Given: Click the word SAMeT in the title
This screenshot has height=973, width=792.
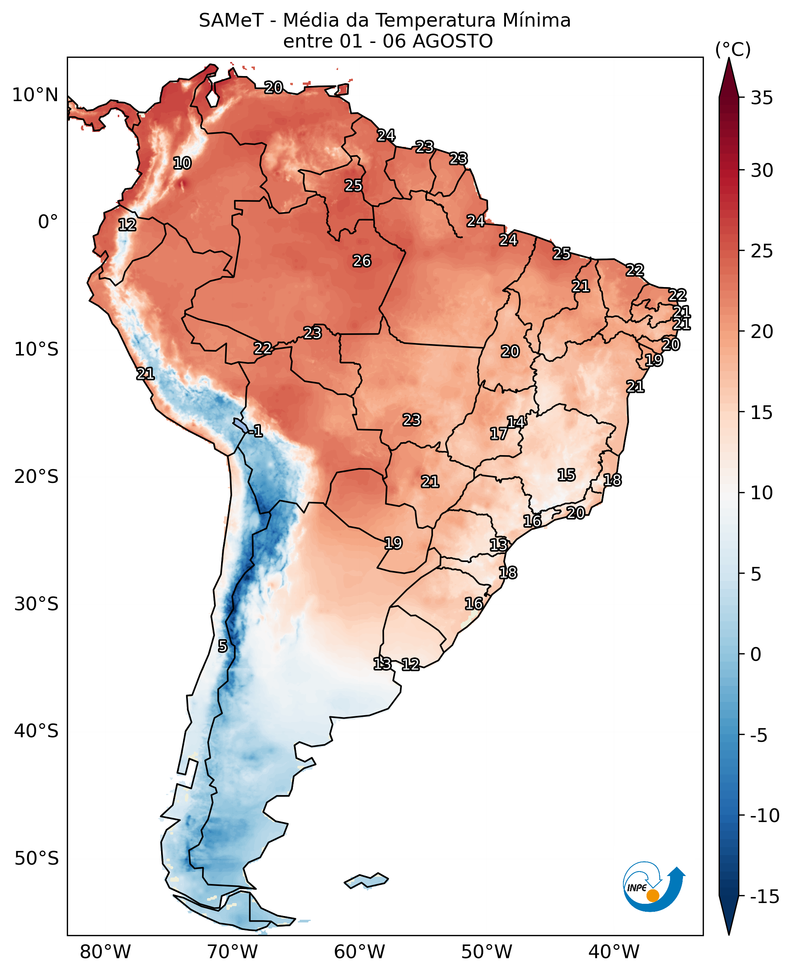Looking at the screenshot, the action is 231,21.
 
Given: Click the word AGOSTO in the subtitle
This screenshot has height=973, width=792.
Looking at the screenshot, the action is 453,41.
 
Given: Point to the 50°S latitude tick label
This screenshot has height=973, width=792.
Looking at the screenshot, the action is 36,859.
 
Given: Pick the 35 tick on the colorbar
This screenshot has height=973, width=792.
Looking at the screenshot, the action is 762,98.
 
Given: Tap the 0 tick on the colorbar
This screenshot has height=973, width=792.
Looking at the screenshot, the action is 756,654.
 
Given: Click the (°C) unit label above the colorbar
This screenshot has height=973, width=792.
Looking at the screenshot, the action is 733,49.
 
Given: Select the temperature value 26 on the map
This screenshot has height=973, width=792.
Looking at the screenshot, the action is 362,261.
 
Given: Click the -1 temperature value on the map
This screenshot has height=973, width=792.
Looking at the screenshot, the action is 256,430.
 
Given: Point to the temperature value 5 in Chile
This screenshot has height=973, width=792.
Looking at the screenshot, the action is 223,646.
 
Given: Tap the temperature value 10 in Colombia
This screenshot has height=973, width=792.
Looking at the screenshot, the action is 182,163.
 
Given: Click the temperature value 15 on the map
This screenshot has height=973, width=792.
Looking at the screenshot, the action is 566,475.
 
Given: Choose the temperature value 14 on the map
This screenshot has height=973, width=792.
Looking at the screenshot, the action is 516,422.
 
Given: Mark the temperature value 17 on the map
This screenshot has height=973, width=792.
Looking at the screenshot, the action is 499,433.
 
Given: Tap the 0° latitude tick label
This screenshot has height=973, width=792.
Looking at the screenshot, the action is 48,222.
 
